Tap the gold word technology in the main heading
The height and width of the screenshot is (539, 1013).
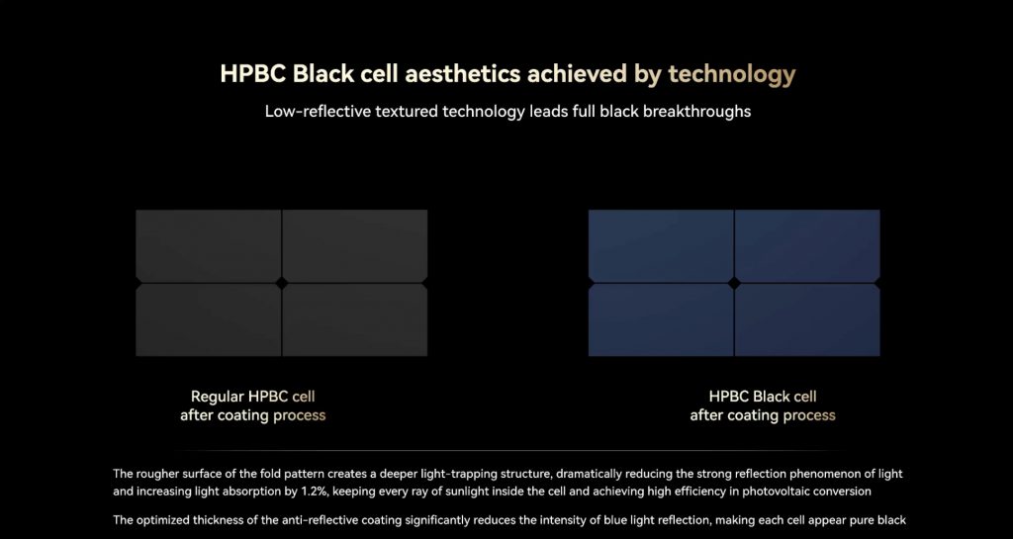pos(731,75)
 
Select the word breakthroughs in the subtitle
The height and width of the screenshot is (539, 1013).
pos(696,111)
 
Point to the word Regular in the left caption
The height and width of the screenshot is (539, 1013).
pos(217,396)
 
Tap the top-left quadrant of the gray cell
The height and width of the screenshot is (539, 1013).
pos(209,245)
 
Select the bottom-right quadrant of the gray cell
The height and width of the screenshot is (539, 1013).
pos(355,320)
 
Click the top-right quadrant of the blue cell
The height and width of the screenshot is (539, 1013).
pos(807,245)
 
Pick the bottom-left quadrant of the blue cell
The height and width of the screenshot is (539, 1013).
pos(661,320)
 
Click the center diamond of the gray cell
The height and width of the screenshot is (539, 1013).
pos(282,283)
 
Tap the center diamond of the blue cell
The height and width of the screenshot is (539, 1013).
pos(734,283)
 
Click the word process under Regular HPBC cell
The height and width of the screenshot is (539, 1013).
pos(299,415)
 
